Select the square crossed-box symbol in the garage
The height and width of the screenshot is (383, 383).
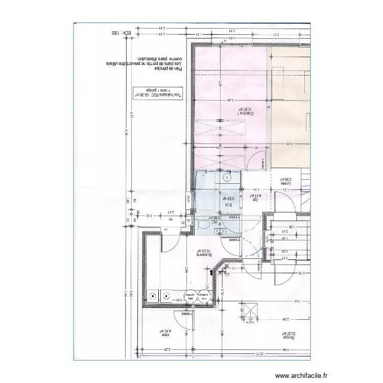coord(250,310)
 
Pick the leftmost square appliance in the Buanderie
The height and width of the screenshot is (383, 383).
coord(152,295)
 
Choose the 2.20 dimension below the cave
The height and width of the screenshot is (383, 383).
coord(166,350)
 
